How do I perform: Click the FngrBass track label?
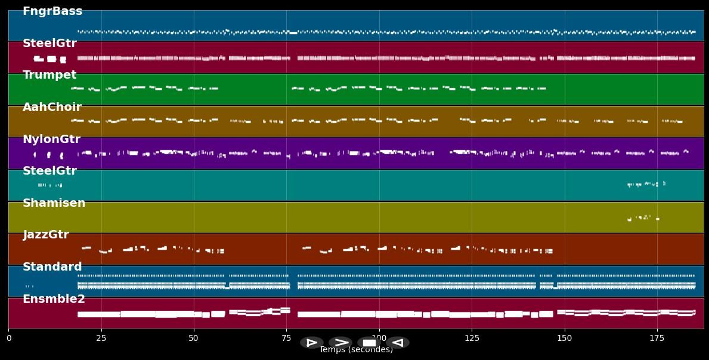(x=52, y=11)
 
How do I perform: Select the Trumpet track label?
(x=49, y=75)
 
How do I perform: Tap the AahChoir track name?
(x=52, y=107)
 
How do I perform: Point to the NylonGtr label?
(x=51, y=139)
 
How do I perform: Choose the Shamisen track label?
(x=54, y=203)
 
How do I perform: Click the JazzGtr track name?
(x=46, y=235)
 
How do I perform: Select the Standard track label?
(x=52, y=267)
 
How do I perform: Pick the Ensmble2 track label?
(x=54, y=299)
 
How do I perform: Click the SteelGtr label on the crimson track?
(x=49, y=44)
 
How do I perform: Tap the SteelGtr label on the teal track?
(x=49, y=171)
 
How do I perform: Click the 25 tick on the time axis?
(x=101, y=339)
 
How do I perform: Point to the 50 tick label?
(x=193, y=339)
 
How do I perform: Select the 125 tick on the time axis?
(x=472, y=339)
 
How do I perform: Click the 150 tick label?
(x=564, y=339)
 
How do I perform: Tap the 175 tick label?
(x=657, y=339)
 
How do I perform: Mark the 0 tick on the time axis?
(x=8, y=339)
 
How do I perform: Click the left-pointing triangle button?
(x=398, y=343)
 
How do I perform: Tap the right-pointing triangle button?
(x=311, y=343)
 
